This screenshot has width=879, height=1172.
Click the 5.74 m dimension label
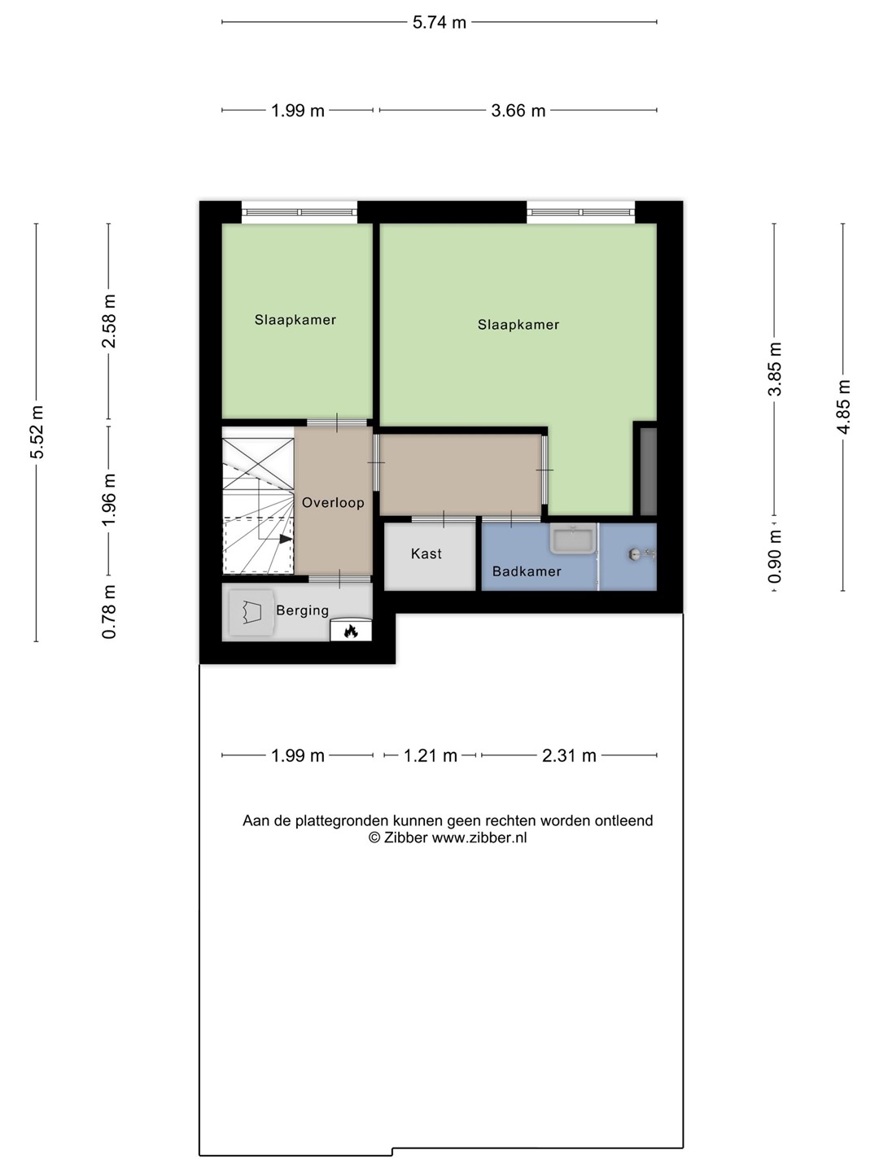(x=439, y=23)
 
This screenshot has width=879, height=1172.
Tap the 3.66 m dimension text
(x=518, y=111)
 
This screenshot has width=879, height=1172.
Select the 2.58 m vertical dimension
(x=108, y=321)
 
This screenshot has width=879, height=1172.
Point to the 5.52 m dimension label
(x=37, y=432)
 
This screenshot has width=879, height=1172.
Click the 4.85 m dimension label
(x=843, y=407)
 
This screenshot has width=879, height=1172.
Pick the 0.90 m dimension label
(x=774, y=557)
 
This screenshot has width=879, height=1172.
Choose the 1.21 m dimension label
(x=431, y=755)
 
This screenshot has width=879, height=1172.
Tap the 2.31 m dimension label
(x=569, y=755)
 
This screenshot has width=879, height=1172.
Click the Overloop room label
(x=333, y=502)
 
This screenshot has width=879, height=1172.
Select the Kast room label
(x=426, y=553)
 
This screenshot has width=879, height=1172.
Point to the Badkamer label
(x=527, y=571)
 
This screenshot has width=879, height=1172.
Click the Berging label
(x=302, y=610)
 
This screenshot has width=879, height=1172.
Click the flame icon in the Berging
(x=351, y=631)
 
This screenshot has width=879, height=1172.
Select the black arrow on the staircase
(x=286, y=539)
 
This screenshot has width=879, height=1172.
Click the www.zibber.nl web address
(x=479, y=837)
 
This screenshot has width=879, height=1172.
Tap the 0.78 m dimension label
(x=108, y=612)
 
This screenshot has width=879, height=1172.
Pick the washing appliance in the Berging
(x=251, y=613)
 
